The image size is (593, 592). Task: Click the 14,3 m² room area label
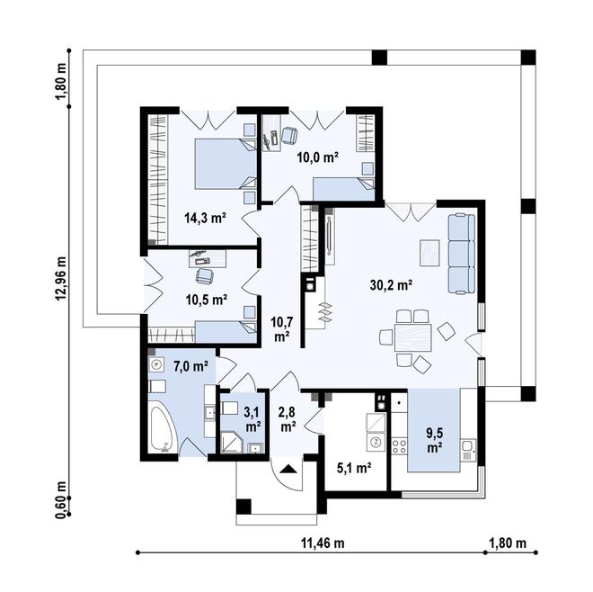pyautogui.click(x=205, y=218)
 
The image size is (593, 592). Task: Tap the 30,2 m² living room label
pyautogui.click(x=391, y=285)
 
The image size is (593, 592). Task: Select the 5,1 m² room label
pyautogui.click(x=354, y=468)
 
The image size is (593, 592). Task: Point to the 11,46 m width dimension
pyautogui.click(x=323, y=543)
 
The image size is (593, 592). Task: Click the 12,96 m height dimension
pyautogui.click(x=62, y=278)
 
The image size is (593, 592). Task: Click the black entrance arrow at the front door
pyautogui.click(x=288, y=470)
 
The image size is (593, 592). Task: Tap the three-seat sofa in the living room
pyautogui.click(x=462, y=254)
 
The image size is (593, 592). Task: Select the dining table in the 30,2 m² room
pyautogui.click(x=412, y=337)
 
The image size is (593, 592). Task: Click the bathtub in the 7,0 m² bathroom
pyautogui.click(x=162, y=429)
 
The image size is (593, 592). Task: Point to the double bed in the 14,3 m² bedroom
pyautogui.click(x=226, y=164)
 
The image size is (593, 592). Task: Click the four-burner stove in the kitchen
pyautogui.click(x=399, y=446)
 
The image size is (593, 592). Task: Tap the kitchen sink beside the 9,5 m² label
pyautogui.click(x=468, y=450)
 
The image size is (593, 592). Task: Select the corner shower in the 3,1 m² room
pyautogui.click(x=229, y=443)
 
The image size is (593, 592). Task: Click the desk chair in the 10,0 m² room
pyautogui.click(x=289, y=135)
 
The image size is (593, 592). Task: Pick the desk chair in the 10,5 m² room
pyautogui.click(x=205, y=275)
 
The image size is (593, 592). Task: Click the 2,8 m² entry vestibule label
pyautogui.click(x=288, y=419)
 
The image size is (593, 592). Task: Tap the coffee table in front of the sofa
pyautogui.click(x=429, y=253)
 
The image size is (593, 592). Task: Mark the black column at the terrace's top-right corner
pyautogui.click(x=528, y=58)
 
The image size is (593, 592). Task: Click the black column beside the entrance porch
pyautogui.click(x=243, y=507)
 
